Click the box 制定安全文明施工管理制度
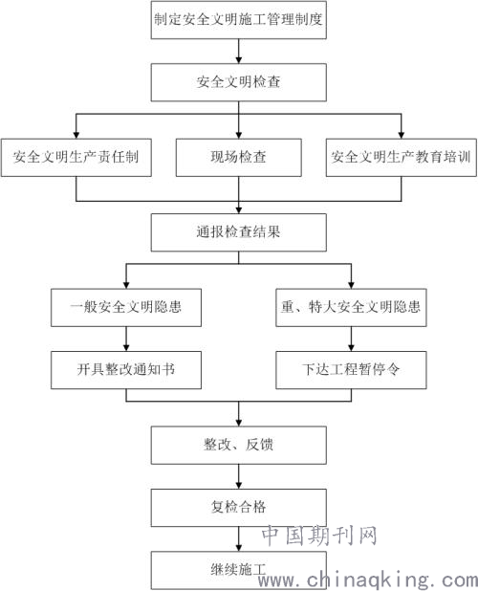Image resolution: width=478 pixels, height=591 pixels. coord(238,20)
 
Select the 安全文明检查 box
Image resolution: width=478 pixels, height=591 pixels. coord(238,82)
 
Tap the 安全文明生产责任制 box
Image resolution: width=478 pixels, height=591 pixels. coord(76,158)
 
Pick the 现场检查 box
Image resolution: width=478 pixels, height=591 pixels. coord(238,158)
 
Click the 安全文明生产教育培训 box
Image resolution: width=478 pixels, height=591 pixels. coord(402,158)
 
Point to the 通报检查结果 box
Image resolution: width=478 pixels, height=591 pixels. coord(238,232)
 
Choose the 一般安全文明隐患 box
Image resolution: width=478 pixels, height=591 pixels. coord(126,308)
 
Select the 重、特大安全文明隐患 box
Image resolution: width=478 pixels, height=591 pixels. coord(351,308)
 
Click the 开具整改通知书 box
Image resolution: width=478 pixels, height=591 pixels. coord(126,370)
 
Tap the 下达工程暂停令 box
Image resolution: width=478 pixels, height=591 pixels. coord(351,370)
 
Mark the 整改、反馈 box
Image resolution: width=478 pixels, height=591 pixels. coord(238,445)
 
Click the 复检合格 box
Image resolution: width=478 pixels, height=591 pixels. coord(238,508)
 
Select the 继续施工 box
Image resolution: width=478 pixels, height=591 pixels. coord(238,570)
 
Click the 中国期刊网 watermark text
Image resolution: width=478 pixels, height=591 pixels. coord(319,536)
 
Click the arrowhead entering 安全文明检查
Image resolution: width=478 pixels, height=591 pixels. coord(238,60)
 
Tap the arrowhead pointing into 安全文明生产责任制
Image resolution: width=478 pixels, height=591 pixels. coord(76,135)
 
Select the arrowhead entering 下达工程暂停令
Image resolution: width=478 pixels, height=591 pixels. coord(351,348)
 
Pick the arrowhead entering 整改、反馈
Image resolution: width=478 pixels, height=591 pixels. coord(238,423)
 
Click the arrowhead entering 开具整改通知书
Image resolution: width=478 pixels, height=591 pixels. coord(126,348)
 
